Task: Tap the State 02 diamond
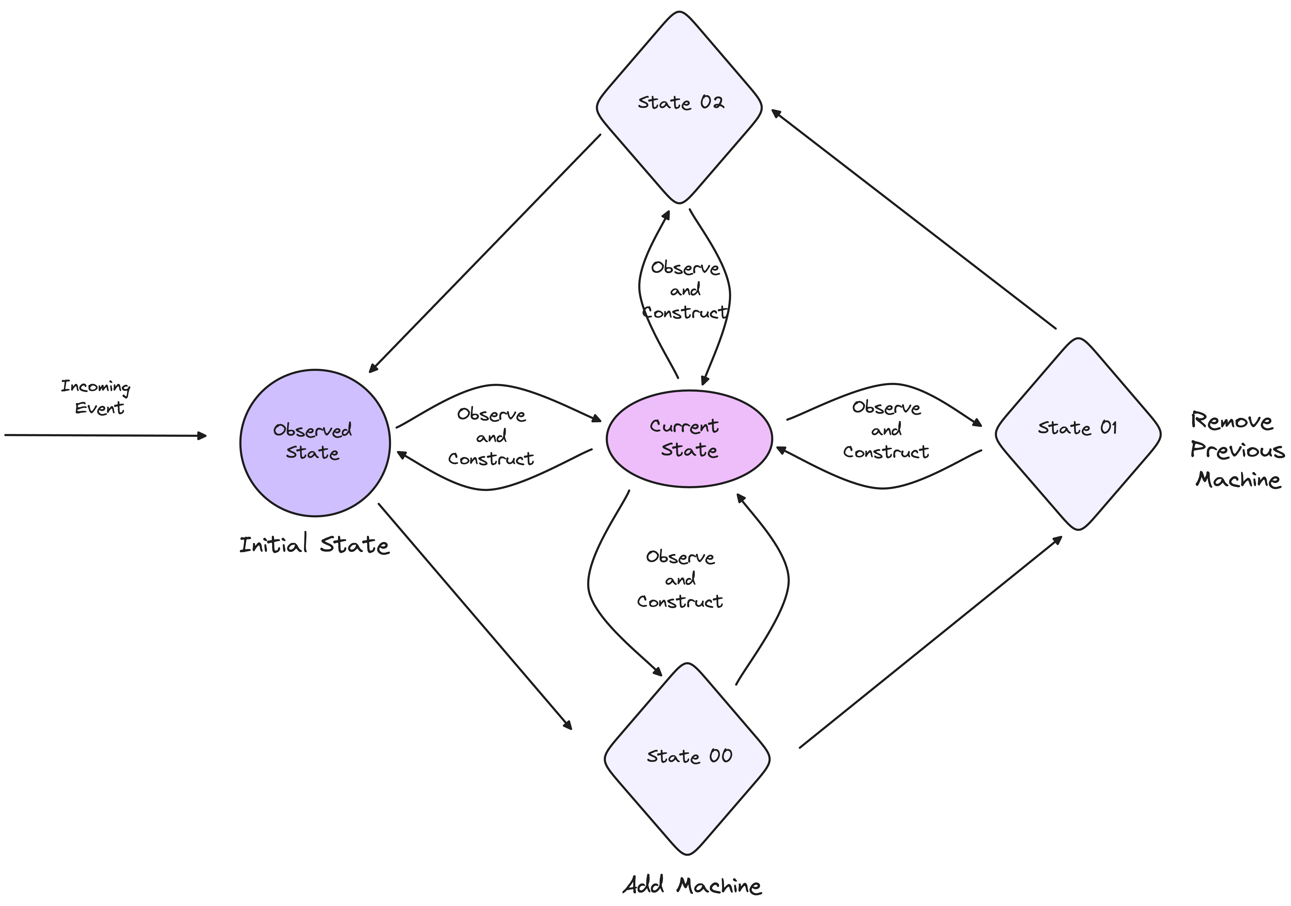(x=679, y=107)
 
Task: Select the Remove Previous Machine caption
(x=1237, y=450)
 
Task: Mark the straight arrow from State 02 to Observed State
(x=485, y=253)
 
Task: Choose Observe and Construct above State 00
(x=680, y=579)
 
